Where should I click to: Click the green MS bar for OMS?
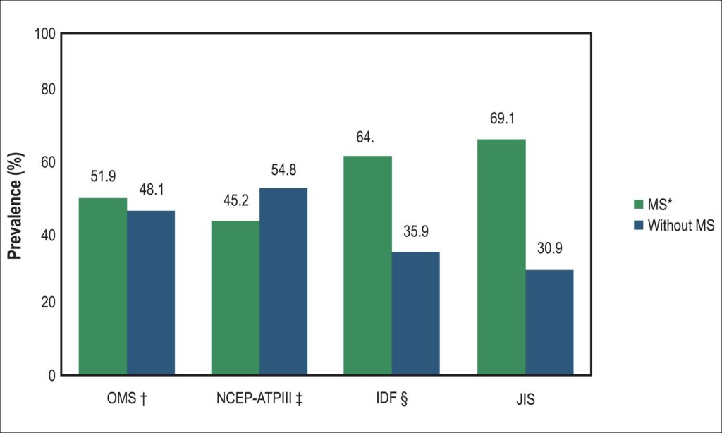pos(103,286)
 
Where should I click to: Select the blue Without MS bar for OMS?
pos(151,293)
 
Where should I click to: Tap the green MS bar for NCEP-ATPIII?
pos(235,298)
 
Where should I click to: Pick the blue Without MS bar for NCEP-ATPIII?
pos(283,281)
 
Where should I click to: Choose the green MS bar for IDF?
pos(368,265)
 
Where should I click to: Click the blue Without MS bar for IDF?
pos(416,313)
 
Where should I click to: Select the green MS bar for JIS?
pos(501,257)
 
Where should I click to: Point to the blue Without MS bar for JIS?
pos(549,322)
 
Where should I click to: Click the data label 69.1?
pos(502,119)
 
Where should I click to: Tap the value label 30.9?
pos(550,249)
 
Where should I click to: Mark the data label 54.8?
pos(283,170)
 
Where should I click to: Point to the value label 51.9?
pos(103,176)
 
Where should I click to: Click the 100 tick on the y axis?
pos(44,34)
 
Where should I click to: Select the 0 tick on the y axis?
pos(51,376)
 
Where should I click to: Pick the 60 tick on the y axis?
pos(48,162)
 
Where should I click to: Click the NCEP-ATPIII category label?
pos(259,398)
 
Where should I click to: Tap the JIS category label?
pos(525,399)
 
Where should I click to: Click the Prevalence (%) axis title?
pos(16,206)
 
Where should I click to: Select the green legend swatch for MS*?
pos(638,204)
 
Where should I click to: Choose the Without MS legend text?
pos(681,225)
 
